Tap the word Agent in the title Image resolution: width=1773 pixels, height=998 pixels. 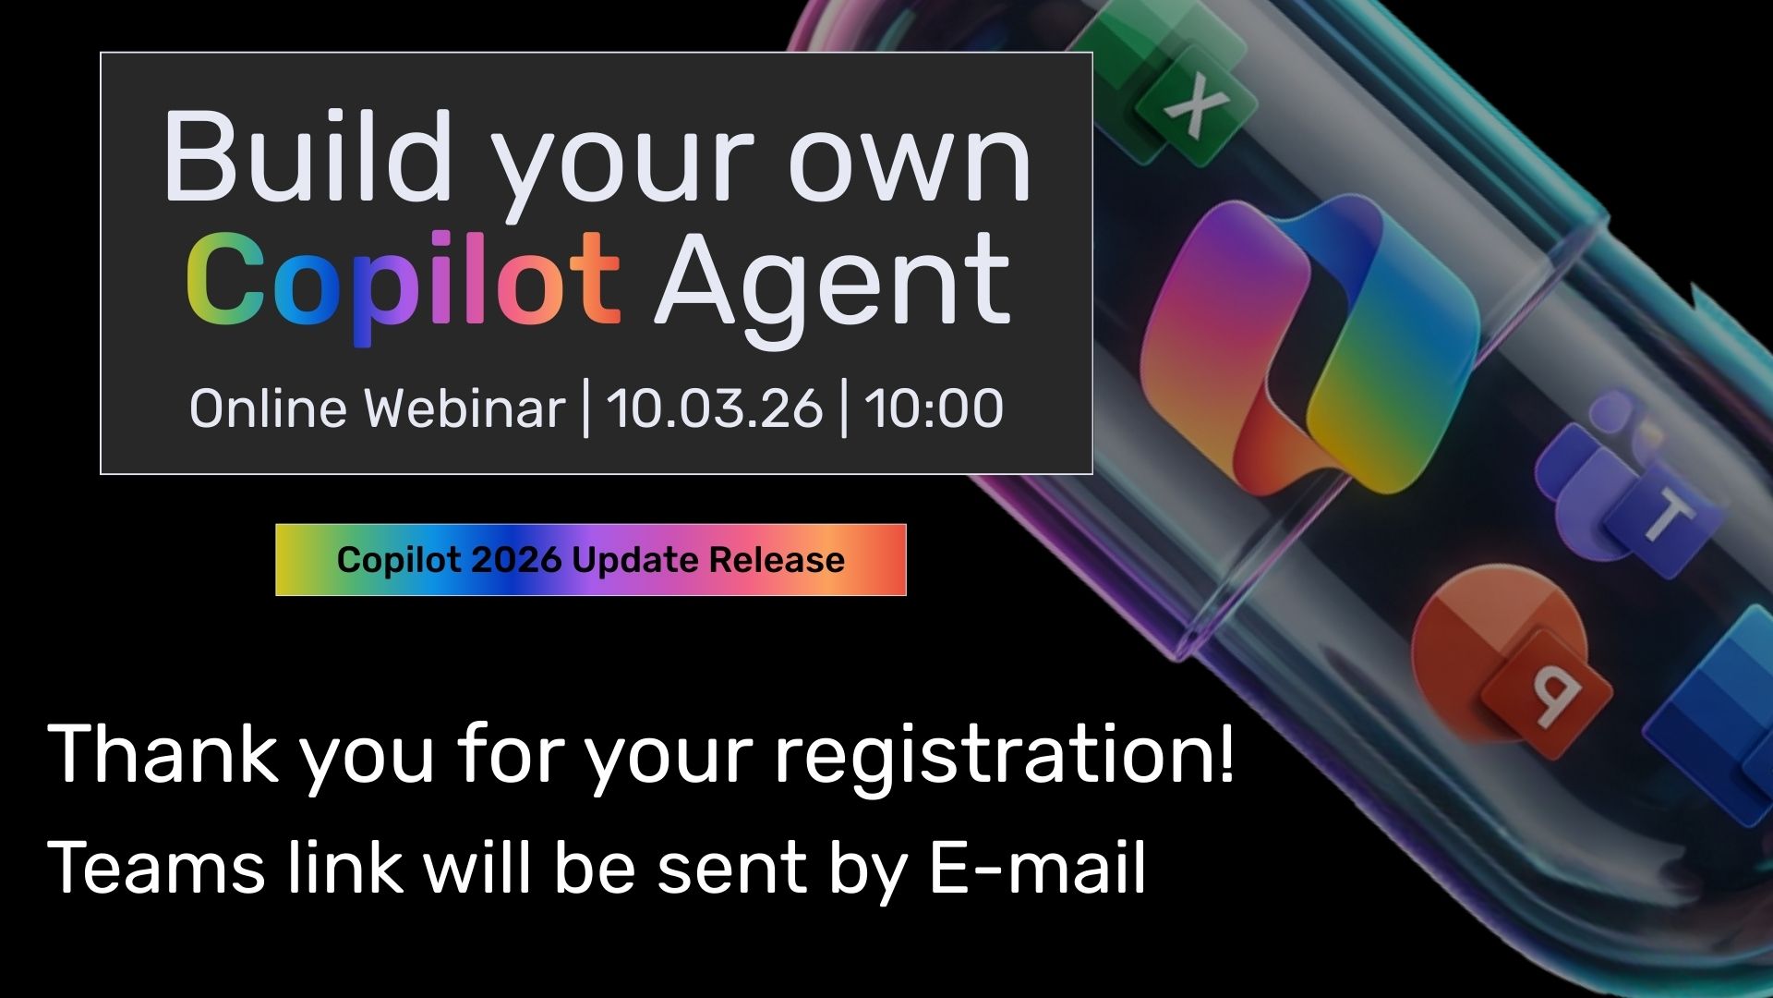[x=833, y=282]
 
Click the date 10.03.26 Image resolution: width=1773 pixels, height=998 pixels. [x=714, y=408]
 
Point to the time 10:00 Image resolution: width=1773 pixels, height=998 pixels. [x=934, y=408]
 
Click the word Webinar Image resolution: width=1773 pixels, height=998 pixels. [x=464, y=408]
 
